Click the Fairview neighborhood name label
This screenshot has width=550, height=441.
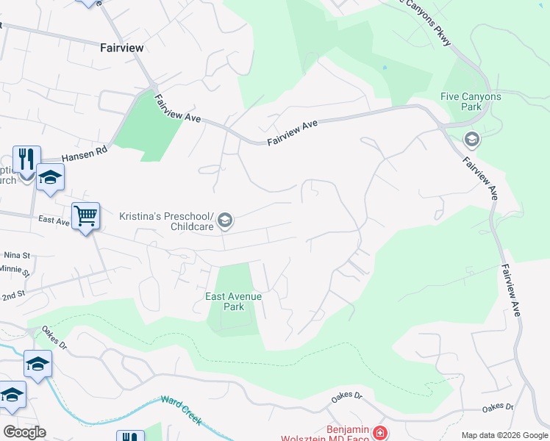tap(121, 47)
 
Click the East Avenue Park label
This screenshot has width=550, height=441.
tap(233, 301)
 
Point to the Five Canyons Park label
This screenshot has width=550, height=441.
tap(471, 101)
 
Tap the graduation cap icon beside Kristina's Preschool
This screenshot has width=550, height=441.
tap(225, 220)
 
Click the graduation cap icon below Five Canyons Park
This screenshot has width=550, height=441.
tap(471, 139)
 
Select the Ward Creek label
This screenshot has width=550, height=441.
tap(182, 411)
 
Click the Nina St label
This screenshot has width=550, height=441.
tap(16, 255)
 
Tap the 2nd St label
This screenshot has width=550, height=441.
tap(13, 293)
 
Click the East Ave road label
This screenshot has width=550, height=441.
tap(54, 220)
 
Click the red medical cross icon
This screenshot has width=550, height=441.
tap(379, 434)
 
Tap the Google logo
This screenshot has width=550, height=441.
tap(24, 432)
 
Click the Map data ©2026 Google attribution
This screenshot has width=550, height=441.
tap(505, 435)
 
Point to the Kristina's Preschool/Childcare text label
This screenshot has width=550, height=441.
tap(167, 221)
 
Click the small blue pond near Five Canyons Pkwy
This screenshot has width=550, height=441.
tap(384, 68)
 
